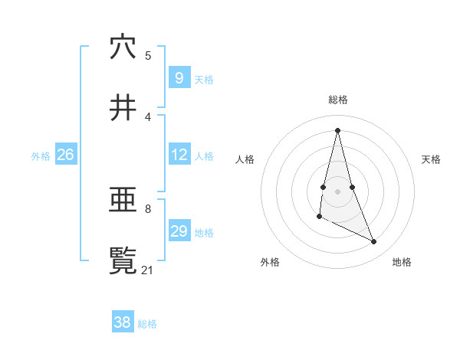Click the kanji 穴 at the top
click(123, 47)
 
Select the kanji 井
click(123, 107)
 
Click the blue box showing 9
click(179, 77)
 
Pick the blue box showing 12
click(179, 155)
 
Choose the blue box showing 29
click(179, 231)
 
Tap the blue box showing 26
click(65, 155)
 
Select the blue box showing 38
click(123, 322)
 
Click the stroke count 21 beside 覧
click(148, 270)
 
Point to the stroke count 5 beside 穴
click(148, 55)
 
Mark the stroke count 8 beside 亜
click(148, 208)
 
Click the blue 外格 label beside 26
click(41, 155)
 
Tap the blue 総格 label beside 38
click(147, 323)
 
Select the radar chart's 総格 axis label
click(338, 100)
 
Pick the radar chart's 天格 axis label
click(432, 159)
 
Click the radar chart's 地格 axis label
click(402, 262)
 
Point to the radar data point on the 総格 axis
click(338, 129)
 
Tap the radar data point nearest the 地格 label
click(374, 242)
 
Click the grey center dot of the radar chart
click(338, 191)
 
